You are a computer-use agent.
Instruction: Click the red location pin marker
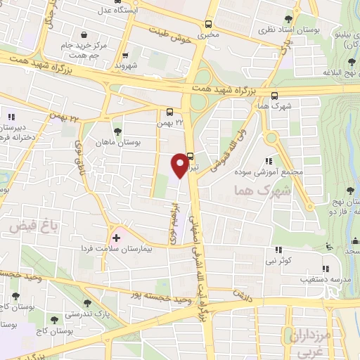(x=181, y=164)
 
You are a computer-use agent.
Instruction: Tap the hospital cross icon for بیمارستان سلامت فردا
(x=116, y=238)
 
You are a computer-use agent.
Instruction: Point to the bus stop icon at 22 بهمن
(x=169, y=111)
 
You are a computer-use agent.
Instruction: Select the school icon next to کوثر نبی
(x=278, y=250)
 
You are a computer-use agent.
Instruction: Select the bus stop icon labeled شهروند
(x=125, y=56)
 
